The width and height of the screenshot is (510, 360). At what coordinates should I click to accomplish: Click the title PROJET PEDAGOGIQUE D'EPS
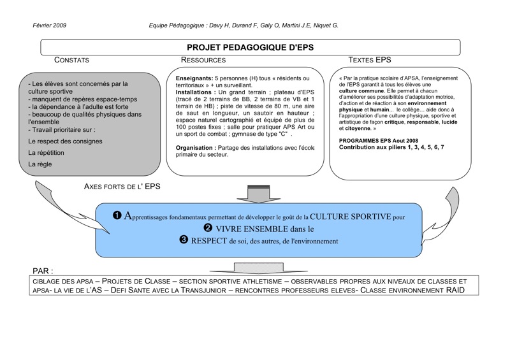250,47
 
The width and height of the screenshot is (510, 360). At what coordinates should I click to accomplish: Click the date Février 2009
49,25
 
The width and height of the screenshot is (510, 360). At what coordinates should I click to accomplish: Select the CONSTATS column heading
71,61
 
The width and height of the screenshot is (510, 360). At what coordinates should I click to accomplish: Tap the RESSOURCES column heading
203,61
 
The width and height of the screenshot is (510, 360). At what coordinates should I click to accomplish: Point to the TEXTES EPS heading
370,61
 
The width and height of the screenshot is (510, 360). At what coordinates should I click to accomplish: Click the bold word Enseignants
194,78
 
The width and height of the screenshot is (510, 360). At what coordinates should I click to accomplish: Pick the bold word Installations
195,92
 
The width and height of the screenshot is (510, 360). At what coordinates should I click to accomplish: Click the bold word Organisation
198,148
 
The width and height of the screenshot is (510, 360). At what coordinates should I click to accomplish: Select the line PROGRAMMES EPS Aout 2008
379,140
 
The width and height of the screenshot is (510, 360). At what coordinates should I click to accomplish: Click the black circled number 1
117,215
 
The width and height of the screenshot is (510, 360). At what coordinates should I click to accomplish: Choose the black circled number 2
208,228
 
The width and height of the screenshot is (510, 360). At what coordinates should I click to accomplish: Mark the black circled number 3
184,240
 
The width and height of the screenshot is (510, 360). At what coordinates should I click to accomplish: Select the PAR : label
42,271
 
